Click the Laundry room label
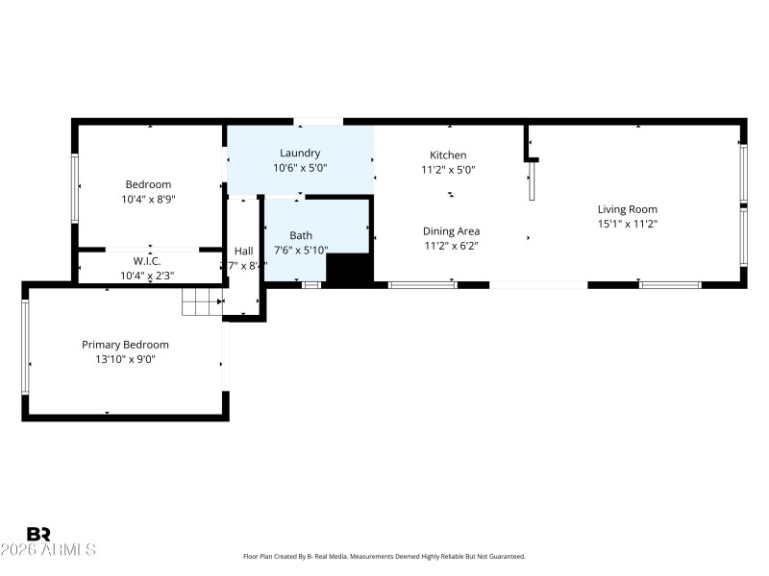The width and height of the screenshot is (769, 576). tap(300, 153)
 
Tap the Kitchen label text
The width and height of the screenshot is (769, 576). tap(448, 155)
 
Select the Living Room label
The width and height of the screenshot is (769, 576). tap(627, 209)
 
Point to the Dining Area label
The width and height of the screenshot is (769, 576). tap(451, 230)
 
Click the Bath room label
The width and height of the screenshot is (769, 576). tap(301, 235)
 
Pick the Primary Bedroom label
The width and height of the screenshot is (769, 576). tap(125, 345)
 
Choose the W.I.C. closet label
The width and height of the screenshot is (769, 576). tap(147, 261)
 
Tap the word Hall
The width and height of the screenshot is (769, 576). tap(244, 251)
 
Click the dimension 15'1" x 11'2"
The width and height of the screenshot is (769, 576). tap(627, 224)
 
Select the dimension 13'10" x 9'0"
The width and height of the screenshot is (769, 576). tap(125, 359)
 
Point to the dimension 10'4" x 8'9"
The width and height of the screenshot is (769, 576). tap(147, 200)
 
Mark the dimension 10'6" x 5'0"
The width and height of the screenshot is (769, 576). tap(300, 167)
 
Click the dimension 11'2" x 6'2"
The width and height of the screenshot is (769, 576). tap(451, 245)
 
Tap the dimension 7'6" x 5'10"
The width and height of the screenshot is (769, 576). tap(301, 250)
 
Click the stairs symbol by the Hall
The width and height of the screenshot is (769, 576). tap(202, 301)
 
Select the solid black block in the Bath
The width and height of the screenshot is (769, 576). tap(349, 268)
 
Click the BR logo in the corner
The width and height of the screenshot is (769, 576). tap(38, 534)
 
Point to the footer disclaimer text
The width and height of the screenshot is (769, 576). tap(384, 557)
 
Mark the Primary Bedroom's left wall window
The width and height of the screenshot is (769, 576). tap(26, 346)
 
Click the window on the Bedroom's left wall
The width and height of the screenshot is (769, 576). tap(75, 188)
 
